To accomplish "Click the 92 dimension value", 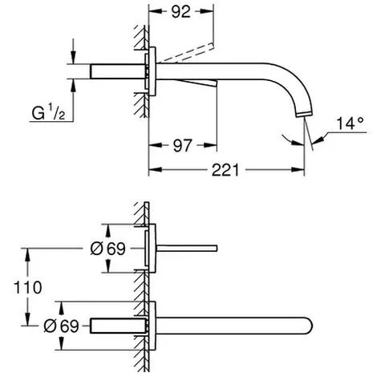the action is tap(181, 12).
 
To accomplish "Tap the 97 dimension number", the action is tap(183, 145).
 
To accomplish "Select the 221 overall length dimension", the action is tap(225, 170).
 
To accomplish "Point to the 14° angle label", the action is tap(350, 124).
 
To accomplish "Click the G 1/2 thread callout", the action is tap(48, 112).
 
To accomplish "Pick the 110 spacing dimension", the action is tap(28, 288).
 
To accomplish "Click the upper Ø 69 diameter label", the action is tap(107, 249).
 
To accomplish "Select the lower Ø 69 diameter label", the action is tap(61, 326).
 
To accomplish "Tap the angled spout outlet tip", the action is tap(303, 114).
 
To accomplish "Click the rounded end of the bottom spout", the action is tap(310, 326).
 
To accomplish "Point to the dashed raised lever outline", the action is tap(186, 53).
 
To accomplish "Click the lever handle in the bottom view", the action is tap(187, 249).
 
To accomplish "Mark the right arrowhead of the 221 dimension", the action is tap(298, 170).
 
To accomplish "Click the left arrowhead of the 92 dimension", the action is tap(156, 11).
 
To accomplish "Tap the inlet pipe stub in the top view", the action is tap(118, 71).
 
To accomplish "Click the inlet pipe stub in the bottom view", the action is tap(118, 326).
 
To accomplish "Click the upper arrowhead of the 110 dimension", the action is tap(27, 255).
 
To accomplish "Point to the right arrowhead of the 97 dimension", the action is tap(210, 145).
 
